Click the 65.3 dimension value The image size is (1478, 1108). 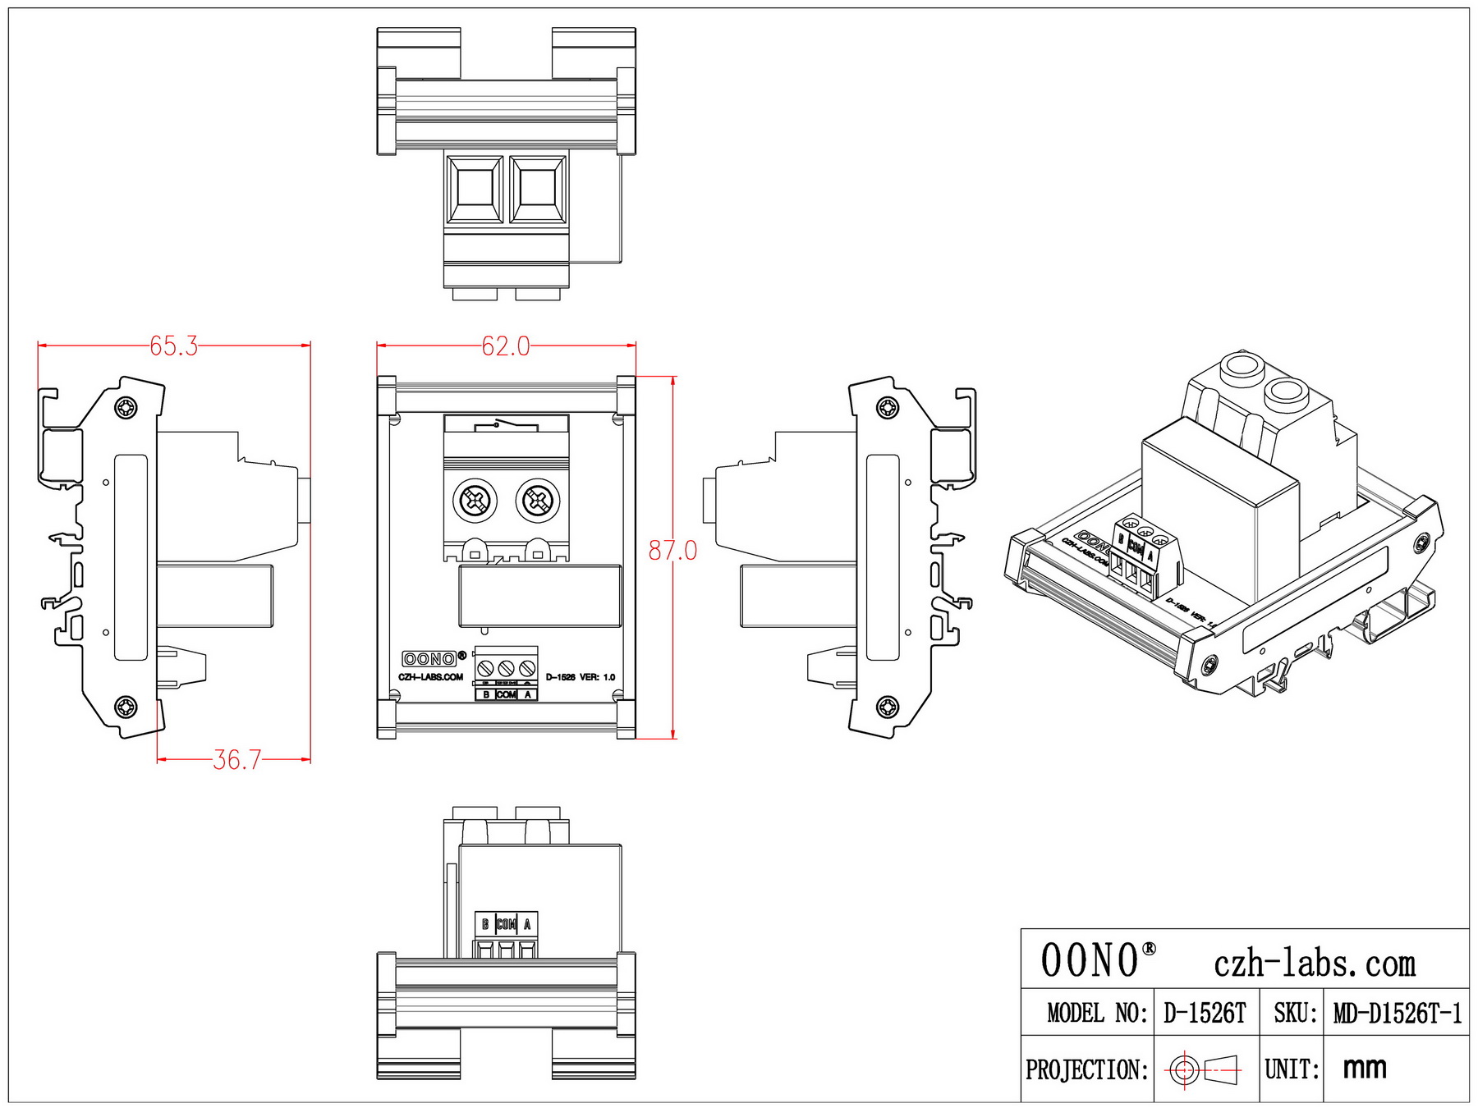173,346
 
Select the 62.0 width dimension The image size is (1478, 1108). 506,346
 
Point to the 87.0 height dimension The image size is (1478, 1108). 672,550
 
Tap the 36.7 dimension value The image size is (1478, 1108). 236,760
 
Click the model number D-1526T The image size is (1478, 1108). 1205,1014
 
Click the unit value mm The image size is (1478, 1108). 1365,1068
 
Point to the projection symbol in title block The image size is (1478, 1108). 1204,1069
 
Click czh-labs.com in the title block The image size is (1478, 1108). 1314,963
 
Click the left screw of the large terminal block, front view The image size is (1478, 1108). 475,500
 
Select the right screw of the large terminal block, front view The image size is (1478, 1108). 537,500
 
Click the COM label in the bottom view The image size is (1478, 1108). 507,925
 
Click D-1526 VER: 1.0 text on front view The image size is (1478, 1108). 580,678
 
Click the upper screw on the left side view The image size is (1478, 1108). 126,407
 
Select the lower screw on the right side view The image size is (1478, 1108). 888,707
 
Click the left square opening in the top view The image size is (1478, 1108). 475,190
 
